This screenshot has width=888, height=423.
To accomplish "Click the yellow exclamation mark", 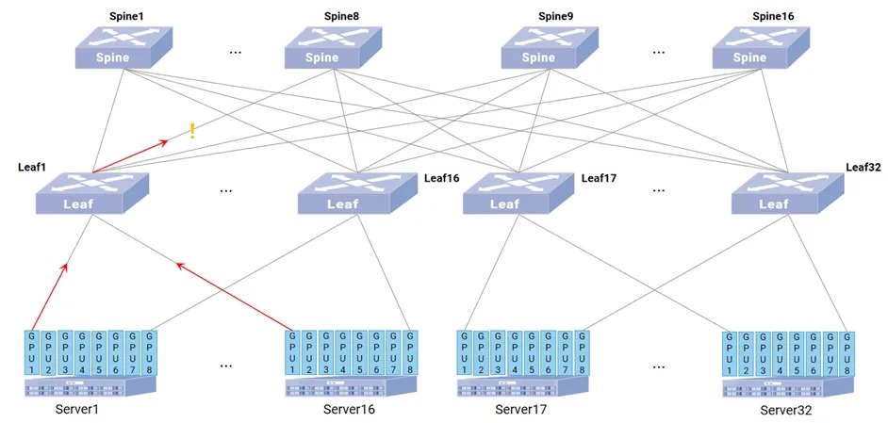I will coord(192,131).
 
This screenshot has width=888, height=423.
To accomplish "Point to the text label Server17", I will coord(520,409).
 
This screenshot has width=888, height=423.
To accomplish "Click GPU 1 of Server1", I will coord(32,352).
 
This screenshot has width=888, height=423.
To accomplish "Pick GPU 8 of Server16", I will coord(409,352).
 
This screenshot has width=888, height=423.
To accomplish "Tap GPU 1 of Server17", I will coord(465,352).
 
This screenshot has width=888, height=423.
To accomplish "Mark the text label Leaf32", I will coord(863,167).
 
